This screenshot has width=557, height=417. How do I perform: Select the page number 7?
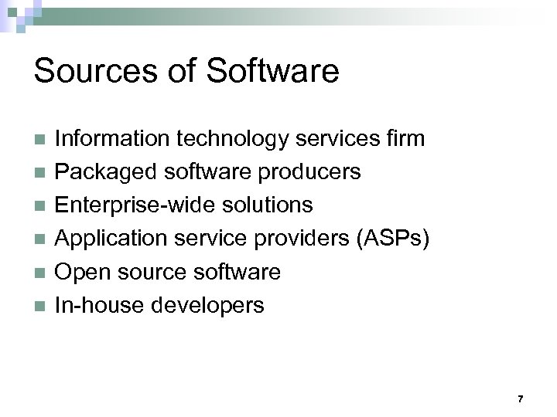click(520, 399)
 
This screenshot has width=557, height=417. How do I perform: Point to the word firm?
click(403, 139)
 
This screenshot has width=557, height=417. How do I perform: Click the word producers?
click(312, 172)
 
